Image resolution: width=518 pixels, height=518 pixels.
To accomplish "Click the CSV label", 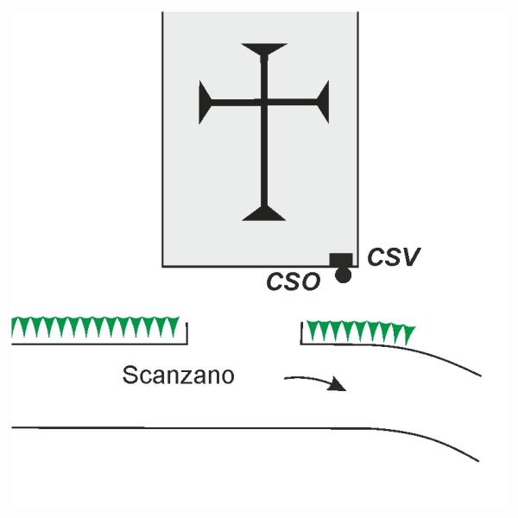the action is click(394, 256).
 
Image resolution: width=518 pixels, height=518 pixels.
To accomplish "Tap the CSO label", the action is click(294, 281).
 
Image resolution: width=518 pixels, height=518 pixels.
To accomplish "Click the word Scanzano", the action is click(179, 376).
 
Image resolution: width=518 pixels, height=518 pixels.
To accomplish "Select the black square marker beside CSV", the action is click(341, 260).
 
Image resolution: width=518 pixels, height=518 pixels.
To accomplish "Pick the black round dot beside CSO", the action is click(344, 275).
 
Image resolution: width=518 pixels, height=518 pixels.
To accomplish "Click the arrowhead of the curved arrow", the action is click(338, 385).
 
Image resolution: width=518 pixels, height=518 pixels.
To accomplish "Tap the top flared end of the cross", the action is click(264, 50).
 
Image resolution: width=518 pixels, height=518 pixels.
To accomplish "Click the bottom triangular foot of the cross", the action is click(264, 213).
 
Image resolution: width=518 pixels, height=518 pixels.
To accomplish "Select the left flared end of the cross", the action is click(205, 102).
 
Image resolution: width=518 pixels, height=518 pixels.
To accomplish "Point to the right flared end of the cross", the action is click(323, 102).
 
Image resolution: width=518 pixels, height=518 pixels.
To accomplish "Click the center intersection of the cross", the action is click(264, 103).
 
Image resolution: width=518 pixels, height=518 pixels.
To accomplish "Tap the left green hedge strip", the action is click(95, 327).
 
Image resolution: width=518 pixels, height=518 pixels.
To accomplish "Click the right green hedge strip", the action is click(361, 332).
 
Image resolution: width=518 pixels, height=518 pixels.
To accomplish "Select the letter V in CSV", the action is click(410, 256).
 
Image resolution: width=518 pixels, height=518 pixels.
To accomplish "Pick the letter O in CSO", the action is click(311, 281).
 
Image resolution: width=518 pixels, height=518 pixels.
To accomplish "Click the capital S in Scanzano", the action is click(129, 376).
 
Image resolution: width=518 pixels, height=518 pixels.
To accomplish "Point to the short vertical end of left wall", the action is click(187, 333).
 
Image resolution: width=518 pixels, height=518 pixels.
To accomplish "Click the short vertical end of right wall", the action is click(301, 333).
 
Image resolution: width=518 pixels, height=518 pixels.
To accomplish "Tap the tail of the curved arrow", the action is click(286, 378).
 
